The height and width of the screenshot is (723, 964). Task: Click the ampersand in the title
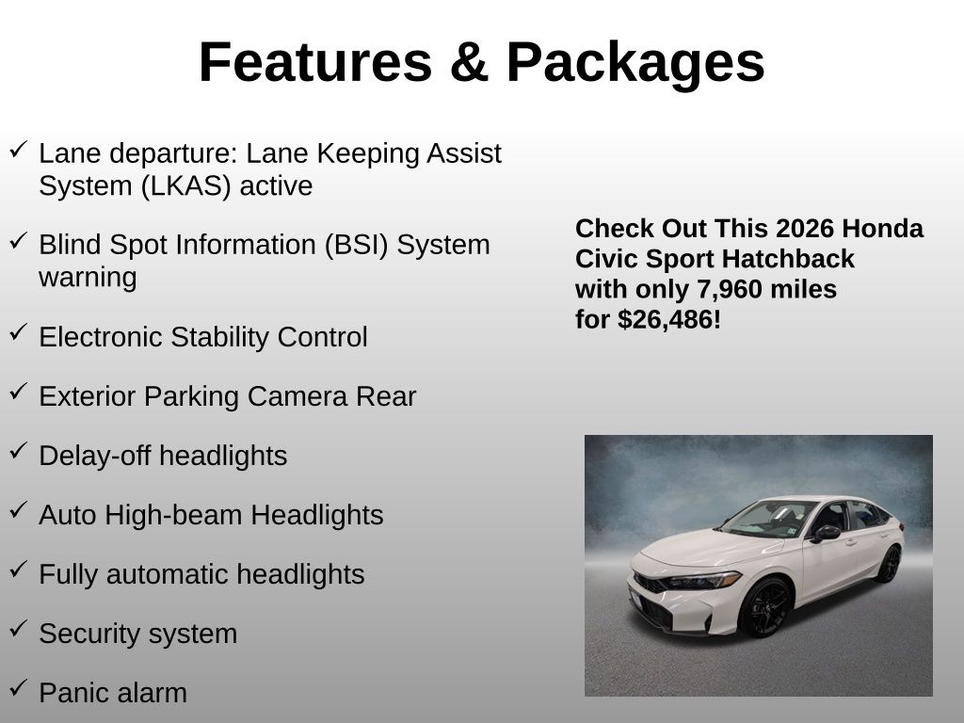[469, 61]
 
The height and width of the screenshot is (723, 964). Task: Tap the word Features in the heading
[316, 61]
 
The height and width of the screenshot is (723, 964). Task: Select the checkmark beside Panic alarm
[19, 686]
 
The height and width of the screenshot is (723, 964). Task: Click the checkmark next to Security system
[19, 627]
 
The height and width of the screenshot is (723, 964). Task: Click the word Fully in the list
[68, 575]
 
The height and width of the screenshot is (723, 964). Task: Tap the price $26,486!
[669, 320]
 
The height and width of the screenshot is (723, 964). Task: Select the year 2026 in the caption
[796, 229]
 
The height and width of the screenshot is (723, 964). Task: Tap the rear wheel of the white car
[889, 564]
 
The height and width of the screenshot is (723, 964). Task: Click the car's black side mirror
[826, 534]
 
